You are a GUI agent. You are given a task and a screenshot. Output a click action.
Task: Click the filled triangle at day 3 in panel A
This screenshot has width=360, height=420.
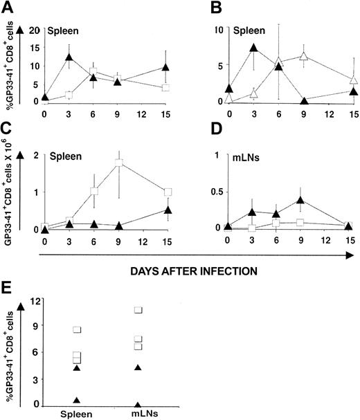pos(69,57)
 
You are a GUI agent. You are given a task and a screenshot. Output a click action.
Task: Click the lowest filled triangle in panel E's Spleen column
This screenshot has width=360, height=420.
pos(78,400)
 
